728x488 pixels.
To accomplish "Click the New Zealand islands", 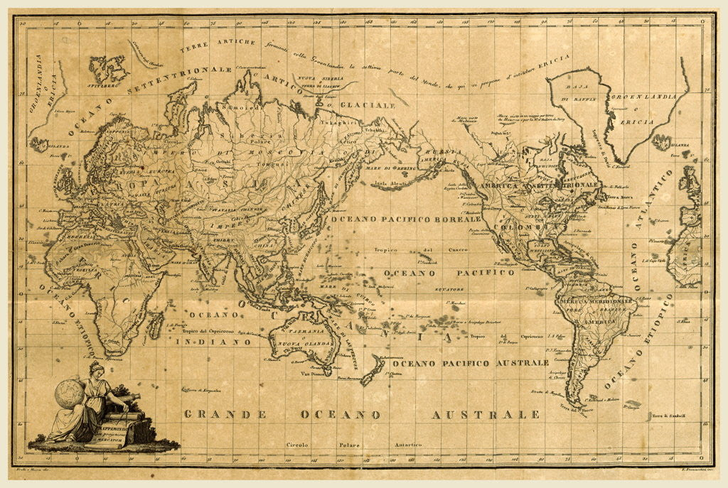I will click(x=372, y=369).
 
